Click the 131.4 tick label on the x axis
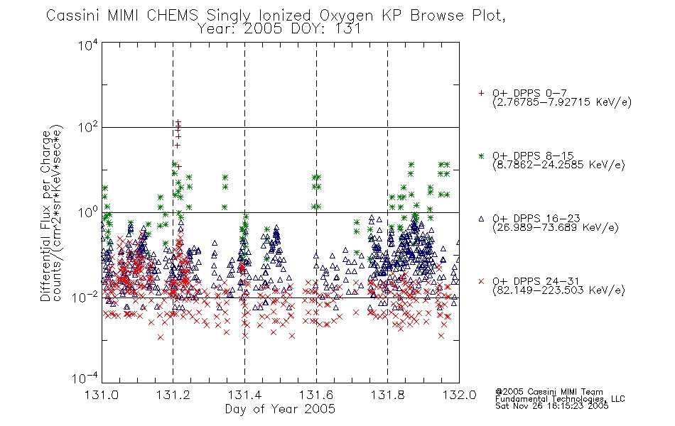pyautogui.click(x=244, y=395)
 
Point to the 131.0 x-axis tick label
pyautogui.click(x=102, y=395)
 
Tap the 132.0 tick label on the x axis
pyautogui.click(x=459, y=395)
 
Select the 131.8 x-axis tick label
pyautogui.click(x=387, y=395)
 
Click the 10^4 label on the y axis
pyautogui.click(x=88, y=45)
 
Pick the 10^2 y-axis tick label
pyautogui.click(x=88, y=127)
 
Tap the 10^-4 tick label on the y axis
pyautogui.click(x=85, y=378)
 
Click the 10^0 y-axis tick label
pyautogui.click(x=88, y=212)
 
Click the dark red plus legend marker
pyautogui.click(x=481, y=93)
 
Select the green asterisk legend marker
pyautogui.click(x=481, y=155)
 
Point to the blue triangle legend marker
pyautogui.click(x=481, y=219)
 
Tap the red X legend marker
pyautogui.click(x=481, y=281)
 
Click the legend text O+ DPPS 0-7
pyautogui.click(x=529, y=93)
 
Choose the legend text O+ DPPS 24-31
pyautogui.click(x=536, y=281)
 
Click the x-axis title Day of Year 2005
pyautogui.click(x=280, y=409)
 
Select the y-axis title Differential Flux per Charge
pyautogui.click(x=45, y=216)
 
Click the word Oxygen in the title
pyautogui.click(x=346, y=16)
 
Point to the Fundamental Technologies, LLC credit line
pyautogui.click(x=560, y=399)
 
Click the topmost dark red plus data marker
pyautogui.click(x=178, y=123)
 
